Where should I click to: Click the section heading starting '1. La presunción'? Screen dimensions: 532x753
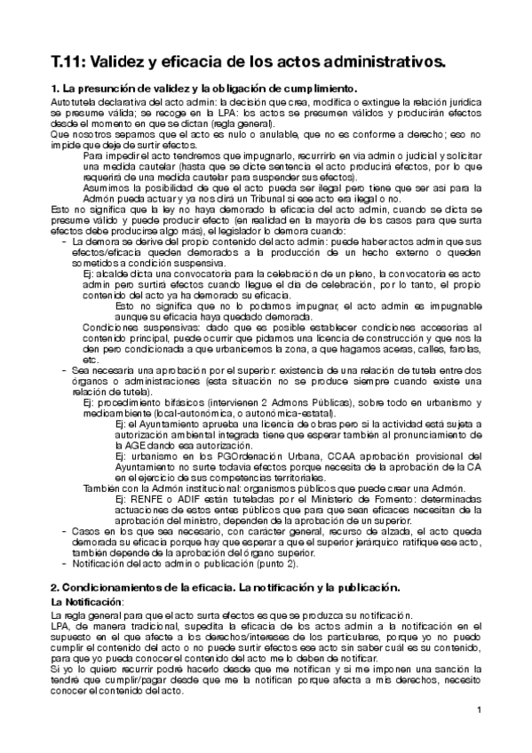(203, 89)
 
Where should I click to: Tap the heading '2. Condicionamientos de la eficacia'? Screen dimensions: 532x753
(226, 589)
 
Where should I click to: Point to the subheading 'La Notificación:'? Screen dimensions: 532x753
(87, 602)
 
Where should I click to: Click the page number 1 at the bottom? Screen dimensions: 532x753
(479, 709)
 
